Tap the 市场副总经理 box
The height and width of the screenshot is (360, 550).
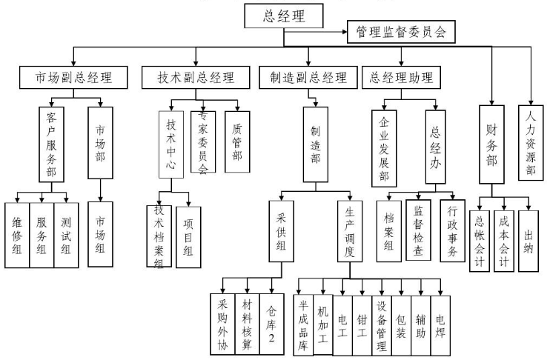coord(73,77)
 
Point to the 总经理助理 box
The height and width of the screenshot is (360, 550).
coord(402,77)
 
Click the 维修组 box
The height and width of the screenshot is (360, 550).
coord(17,234)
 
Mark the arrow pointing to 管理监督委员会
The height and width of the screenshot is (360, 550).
coord(341,33)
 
